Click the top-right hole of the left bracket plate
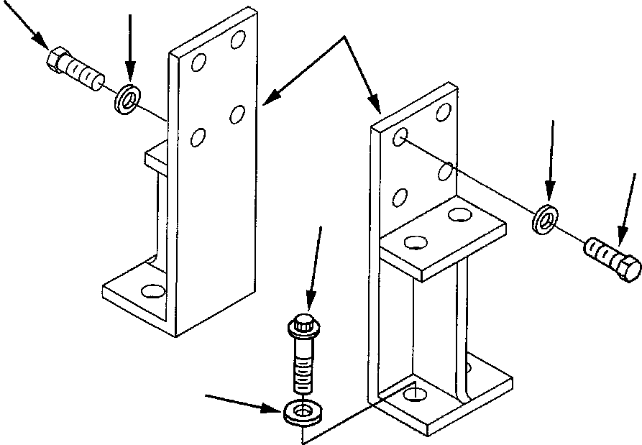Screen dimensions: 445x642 (237, 40)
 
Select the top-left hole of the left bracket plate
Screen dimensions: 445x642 (198, 63)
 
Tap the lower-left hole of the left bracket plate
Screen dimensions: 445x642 (197, 137)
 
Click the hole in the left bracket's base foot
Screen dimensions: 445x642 (153, 291)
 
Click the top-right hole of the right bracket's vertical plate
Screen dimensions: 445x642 (444, 112)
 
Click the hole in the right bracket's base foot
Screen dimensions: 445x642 (412, 393)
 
